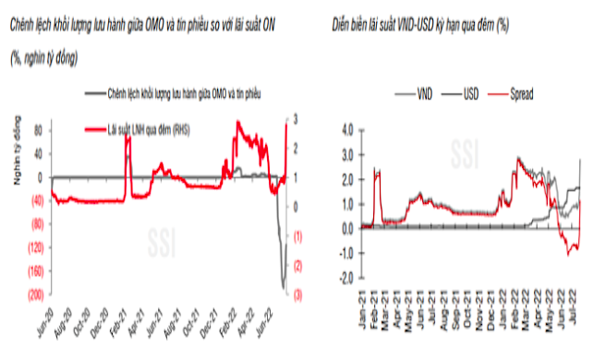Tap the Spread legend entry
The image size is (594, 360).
pyautogui.click(x=519, y=93)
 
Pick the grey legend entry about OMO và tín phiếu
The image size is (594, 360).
pyautogui.click(x=176, y=93)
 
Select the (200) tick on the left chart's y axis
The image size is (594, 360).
pyautogui.click(x=35, y=294)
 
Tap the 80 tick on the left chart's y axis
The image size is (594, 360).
pyautogui.click(x=39, y=130)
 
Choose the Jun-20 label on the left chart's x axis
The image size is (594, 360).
pyautogui.click(x=42, y=318)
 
